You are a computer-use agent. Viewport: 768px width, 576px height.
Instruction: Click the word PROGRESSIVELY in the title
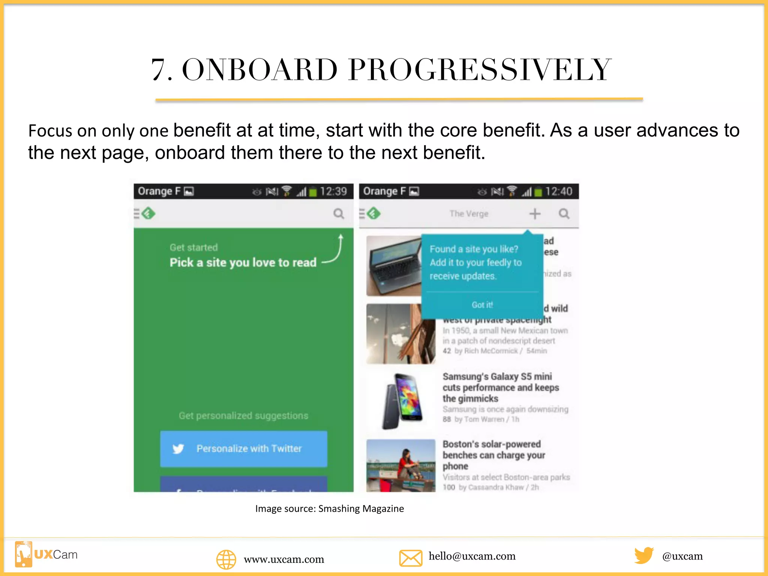[x=480, y=70]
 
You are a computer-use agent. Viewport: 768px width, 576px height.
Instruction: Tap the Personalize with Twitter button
[x=243, y=448]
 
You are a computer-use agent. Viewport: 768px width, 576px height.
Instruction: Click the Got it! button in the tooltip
[x=482, y=305]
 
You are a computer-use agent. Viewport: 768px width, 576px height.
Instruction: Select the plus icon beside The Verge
[x=535, y=214]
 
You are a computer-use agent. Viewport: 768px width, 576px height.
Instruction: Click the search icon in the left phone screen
[x=339, y=214]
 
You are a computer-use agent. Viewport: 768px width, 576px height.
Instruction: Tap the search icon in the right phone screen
[x=564, y=214]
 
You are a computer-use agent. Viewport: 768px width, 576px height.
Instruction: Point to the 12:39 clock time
[x=333, y=192]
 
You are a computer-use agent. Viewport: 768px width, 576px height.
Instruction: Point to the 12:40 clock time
[x=559, y=192]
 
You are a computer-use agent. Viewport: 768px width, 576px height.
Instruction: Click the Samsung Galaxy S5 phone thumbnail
[x=401, y=401]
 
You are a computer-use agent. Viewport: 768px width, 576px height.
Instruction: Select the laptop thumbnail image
[x=394, y=266]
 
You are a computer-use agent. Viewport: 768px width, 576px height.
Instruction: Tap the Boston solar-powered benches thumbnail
[x=401, y=465]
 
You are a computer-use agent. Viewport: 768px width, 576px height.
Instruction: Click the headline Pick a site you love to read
[x=243, y=262]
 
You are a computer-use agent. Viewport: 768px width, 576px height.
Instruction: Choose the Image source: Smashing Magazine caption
[x=330, y=509]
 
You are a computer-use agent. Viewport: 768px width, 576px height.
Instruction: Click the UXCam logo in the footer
[x=46, y=554]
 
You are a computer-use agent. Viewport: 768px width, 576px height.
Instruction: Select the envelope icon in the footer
[x=411, y=558]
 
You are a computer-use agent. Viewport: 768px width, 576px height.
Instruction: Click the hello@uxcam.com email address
[x=472, y=556]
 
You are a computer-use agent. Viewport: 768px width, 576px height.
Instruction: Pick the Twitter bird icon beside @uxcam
[x=644, y=555]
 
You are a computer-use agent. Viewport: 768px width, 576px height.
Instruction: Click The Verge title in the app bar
[x=469, y=214]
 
